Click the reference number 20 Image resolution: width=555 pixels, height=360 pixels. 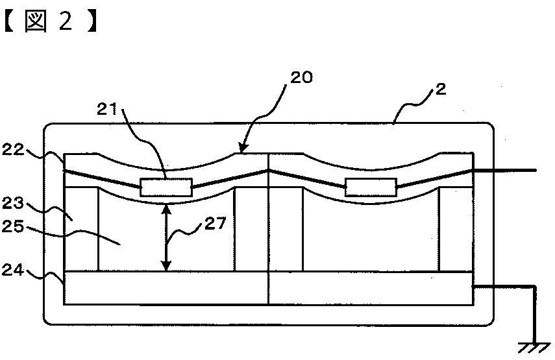pos(302,78)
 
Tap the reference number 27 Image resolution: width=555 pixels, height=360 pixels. pos(216,224)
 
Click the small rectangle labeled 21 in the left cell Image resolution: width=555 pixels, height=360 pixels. pos(167,187)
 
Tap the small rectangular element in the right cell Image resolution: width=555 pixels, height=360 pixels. pos(371,187)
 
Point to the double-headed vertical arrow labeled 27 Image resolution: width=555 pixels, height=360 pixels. pos(167,237)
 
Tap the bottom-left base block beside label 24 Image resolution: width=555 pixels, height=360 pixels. pos(166,287)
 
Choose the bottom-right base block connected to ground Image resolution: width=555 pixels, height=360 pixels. pos(371,287)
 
